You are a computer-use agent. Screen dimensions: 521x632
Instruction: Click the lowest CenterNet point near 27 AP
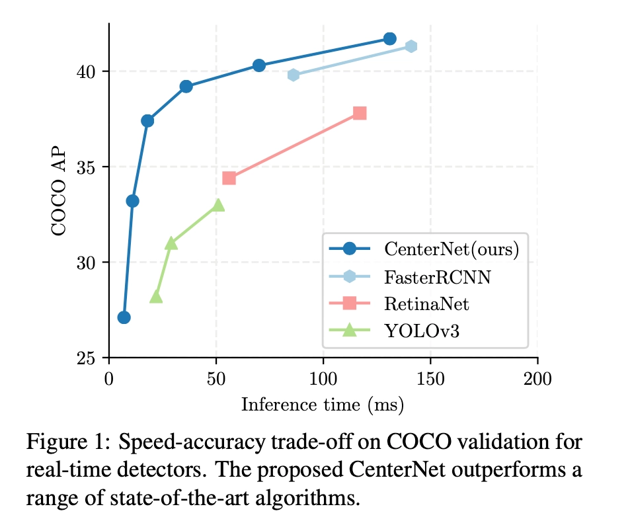pos(124,317)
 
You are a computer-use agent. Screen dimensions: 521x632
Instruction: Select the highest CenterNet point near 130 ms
pos(389,38)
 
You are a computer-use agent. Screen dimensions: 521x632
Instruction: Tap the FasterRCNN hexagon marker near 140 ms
pos(411,46)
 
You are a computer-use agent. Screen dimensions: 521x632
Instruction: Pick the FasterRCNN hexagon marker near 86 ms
pos(293,75)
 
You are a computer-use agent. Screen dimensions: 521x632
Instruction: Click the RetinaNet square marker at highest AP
pos(360,113)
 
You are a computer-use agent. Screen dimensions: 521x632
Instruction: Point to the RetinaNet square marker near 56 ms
pos(229,178)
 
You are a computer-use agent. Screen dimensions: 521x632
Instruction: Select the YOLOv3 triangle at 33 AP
pos(218,205)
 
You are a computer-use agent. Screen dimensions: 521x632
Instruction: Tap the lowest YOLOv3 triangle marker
pos(156,297)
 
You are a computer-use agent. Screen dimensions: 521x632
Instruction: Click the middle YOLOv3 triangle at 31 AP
pos(171,243)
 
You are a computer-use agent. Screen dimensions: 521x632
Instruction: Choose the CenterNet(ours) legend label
pos(451,249)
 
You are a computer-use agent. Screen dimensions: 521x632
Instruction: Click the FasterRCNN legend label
pos(437,276)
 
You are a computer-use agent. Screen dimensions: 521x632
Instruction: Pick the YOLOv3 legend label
pos(421,330)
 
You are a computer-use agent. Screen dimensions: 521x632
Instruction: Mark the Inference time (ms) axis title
pos(323,403)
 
